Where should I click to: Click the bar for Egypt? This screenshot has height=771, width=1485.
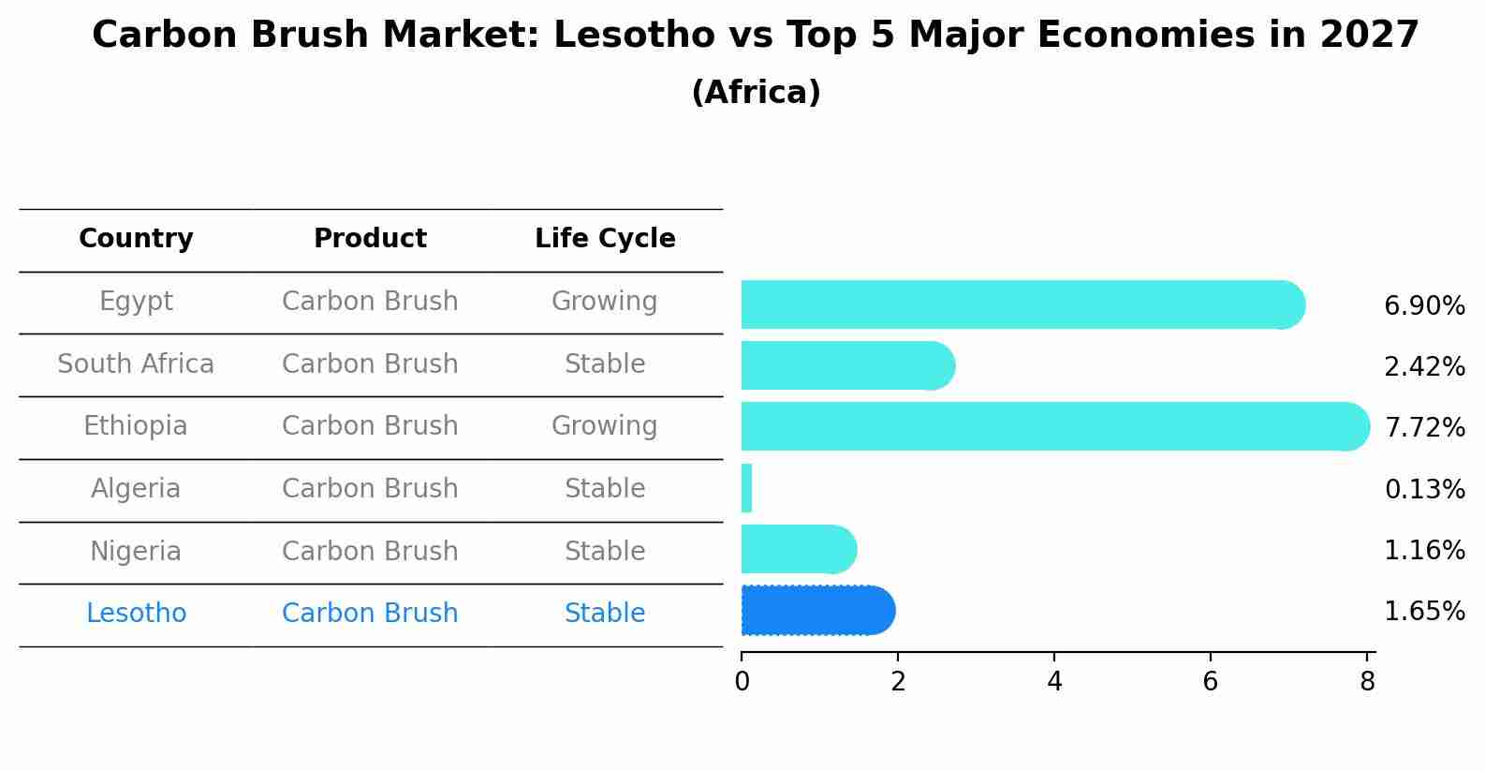pos(1021,304)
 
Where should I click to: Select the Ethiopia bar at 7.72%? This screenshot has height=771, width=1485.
pos(1053,426)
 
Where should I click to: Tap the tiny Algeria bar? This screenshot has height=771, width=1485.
pos(746,488)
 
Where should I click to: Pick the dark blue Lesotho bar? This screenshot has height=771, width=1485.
pos(816,611)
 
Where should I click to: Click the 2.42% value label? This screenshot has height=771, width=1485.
pos(1423,367)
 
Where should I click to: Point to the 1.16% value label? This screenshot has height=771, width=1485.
pos(1423,550)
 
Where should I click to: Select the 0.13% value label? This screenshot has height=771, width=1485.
pos(1423,489)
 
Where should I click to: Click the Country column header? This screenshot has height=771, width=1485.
pos(136,239)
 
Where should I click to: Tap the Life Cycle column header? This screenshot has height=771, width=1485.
pos(605,239)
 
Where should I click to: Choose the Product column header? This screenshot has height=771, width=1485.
pos(370,239)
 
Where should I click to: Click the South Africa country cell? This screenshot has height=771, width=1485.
pos(136,363)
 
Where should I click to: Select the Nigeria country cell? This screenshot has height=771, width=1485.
pos(136,551)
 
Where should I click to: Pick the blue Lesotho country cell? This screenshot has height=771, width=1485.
pos(136,614)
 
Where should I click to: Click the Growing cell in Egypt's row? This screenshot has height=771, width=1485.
pos(604,302)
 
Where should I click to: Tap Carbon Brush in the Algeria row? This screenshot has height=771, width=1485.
pos(370,489)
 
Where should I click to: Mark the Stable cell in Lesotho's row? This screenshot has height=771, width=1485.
pos(604,614)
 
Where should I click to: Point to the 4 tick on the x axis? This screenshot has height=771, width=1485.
pos(1054,682)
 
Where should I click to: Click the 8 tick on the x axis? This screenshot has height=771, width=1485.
pos(1367,682)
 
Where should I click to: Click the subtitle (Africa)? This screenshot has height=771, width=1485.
pos(756,93)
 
